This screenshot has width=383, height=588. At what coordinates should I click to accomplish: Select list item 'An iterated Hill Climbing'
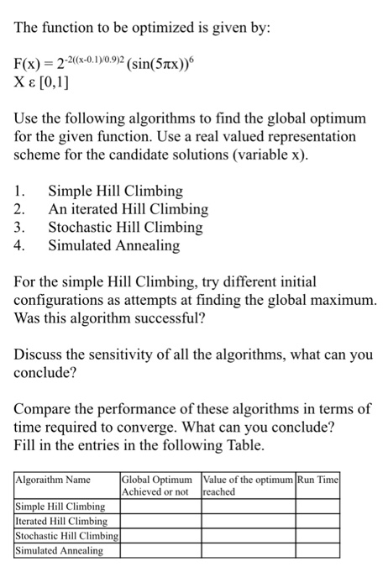pos(128,209)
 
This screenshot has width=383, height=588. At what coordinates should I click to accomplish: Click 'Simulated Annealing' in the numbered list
pos(113,245)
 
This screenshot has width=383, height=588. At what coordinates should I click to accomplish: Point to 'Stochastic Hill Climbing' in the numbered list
pos(125,227)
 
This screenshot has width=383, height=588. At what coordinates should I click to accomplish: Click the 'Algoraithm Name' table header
pos(54,479)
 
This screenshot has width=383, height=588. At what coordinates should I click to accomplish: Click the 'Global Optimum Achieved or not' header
pos(160,485)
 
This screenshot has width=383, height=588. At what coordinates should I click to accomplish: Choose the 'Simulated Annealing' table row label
pos(60,551)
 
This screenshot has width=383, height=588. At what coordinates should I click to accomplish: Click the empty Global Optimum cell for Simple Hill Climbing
pos(160,507)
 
